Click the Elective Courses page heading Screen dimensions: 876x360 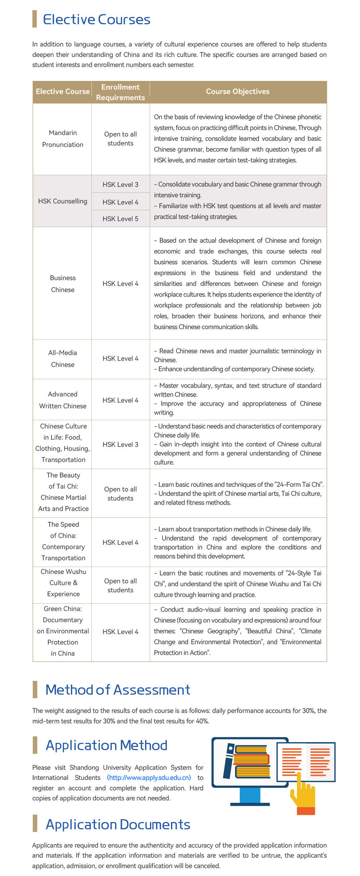96,19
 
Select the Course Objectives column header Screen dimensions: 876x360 238,91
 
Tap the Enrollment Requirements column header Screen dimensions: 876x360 120,92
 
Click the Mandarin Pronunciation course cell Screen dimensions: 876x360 63,139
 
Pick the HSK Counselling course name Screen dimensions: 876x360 63,201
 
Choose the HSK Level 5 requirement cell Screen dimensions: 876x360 120,219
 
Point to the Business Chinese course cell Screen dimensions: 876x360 63,284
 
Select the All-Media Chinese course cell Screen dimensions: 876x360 63,359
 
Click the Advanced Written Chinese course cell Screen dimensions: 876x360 63,400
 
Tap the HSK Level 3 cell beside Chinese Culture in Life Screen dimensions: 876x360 120,445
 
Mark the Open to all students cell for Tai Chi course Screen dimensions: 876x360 120,494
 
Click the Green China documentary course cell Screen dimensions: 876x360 63,631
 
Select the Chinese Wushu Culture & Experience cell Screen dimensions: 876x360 63,583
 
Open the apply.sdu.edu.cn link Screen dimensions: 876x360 149,778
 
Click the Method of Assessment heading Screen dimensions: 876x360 118,689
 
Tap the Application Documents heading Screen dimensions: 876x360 118,825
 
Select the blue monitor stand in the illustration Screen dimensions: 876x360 250,796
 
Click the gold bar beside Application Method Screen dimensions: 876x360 35,745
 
